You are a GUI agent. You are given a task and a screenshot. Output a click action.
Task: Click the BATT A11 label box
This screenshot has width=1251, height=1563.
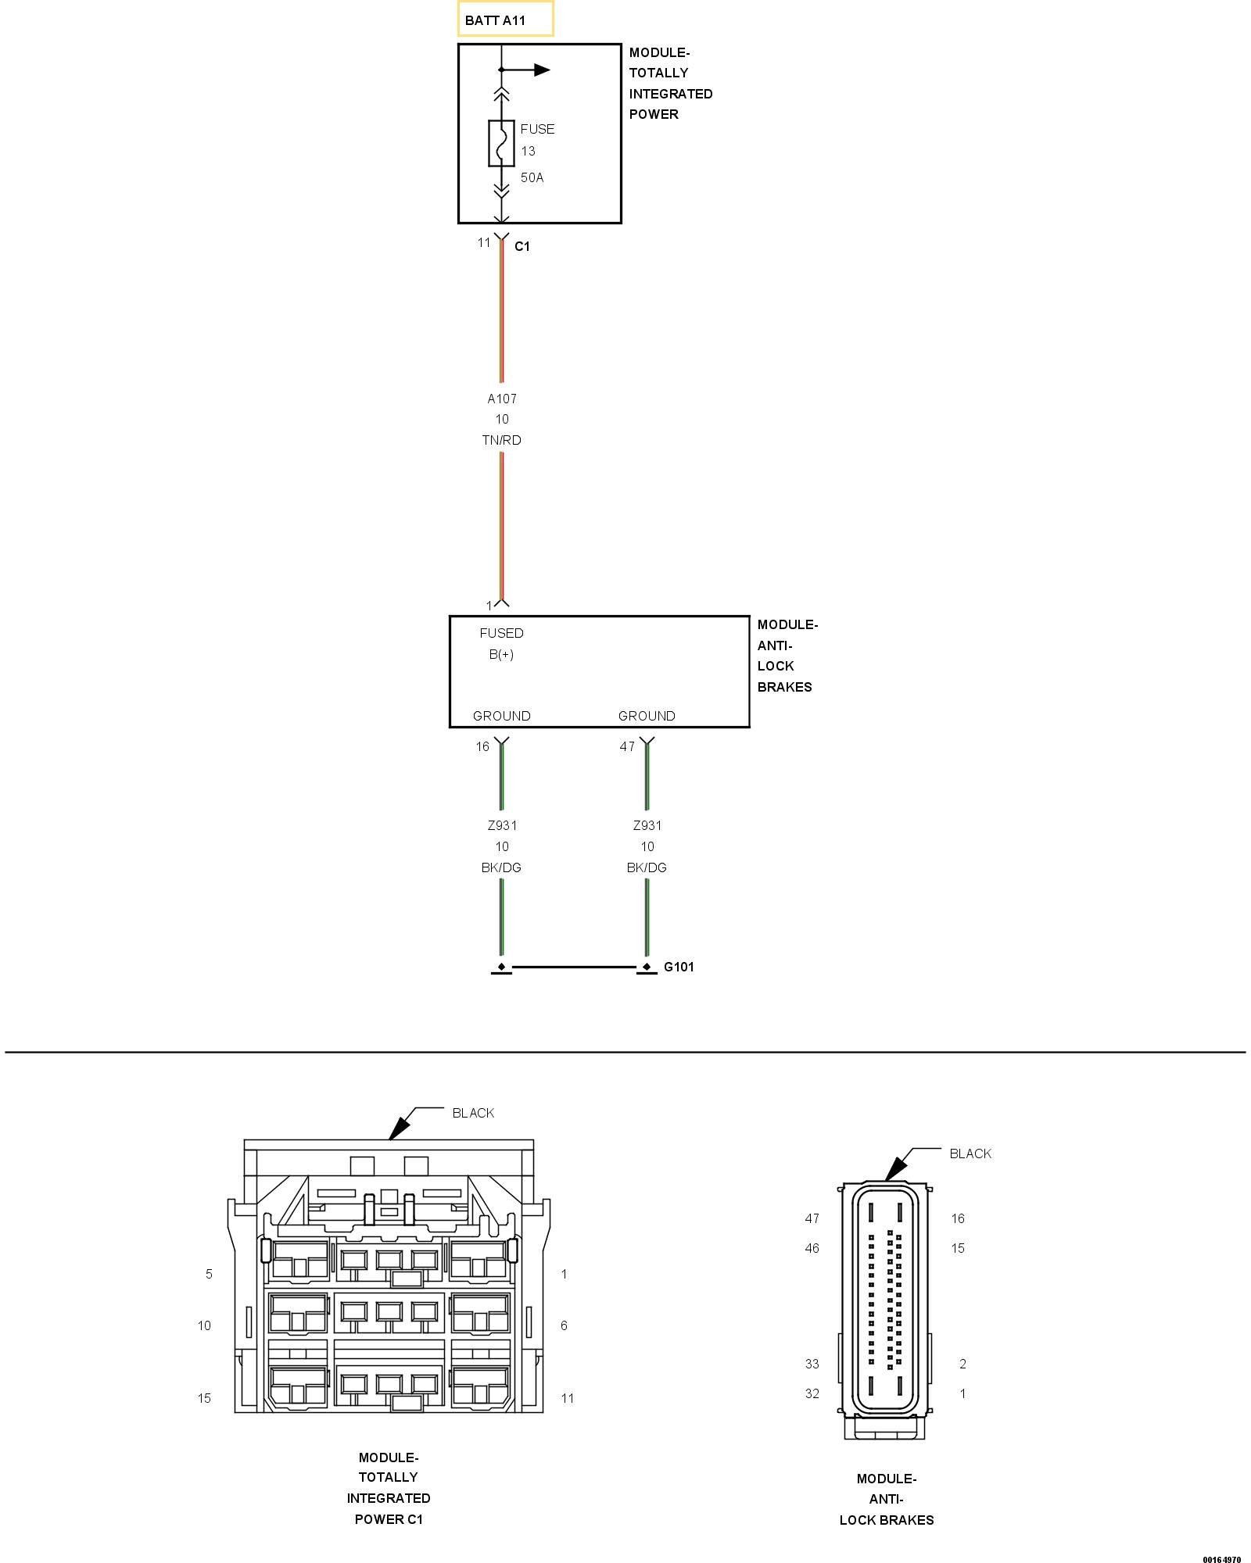click(505, 20)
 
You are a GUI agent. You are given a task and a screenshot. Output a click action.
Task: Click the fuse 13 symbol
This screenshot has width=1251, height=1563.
click(501, 143)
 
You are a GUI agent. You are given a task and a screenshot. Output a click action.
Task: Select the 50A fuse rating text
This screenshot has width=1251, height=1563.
click(532, 177)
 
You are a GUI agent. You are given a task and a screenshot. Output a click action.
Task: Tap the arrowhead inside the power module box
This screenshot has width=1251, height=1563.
click(542, 70)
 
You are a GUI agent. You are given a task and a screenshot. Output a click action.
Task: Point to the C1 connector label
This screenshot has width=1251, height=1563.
click(522, 246)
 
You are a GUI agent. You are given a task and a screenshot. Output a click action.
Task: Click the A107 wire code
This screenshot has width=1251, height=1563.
click(502, 399)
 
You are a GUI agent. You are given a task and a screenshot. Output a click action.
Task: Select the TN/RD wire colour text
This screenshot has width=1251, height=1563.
click(501, 440)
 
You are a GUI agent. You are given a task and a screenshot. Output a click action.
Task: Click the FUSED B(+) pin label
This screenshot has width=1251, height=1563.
click(501, 643)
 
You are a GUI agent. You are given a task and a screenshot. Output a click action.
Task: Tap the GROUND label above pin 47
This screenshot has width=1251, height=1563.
click(646, 716)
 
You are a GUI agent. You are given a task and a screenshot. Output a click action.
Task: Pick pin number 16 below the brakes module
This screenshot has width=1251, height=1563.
click(482, 746)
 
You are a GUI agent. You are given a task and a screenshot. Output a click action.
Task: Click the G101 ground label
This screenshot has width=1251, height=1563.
click(679, 967)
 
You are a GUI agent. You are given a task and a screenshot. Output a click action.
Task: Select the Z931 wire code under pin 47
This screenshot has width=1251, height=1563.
click(647, 825)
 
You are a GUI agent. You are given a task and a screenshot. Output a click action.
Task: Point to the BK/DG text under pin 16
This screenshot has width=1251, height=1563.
click(501, 867)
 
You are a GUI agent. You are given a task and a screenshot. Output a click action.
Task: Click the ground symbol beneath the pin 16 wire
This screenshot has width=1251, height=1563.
click(501, 968)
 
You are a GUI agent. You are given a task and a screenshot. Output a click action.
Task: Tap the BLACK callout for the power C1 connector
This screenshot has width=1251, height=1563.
click(473, 1113)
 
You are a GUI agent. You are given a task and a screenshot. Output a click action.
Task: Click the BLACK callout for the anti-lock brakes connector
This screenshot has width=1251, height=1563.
click(970, 1153)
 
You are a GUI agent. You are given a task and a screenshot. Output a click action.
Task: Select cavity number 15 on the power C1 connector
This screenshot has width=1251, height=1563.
click(204, 1398)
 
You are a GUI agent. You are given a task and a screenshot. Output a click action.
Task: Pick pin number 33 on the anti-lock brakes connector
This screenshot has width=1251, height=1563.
click(812, 1364)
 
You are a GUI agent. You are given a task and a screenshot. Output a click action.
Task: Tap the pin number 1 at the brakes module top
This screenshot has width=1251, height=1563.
click(489, 606)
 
